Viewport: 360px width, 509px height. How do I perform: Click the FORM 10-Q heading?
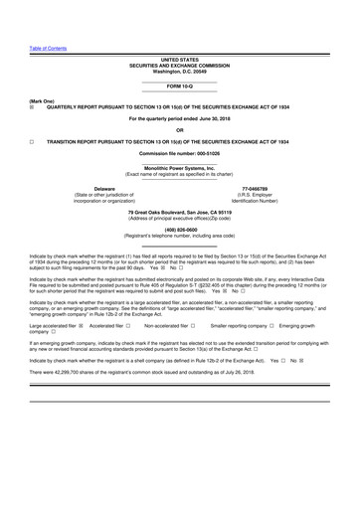pos(179,88)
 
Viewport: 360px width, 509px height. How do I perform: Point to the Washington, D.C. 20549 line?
pos(179,72)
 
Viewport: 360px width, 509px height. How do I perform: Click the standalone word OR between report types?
pos(179,130)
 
